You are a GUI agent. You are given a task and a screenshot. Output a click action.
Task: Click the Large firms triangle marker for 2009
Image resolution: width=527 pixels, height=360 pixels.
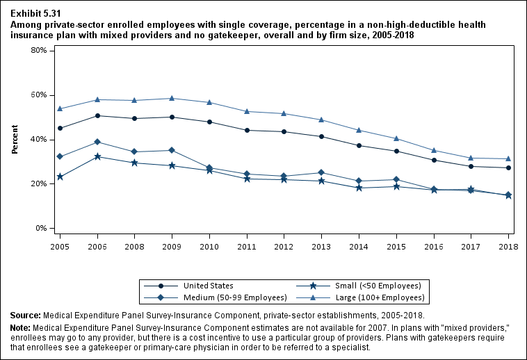(173, 98)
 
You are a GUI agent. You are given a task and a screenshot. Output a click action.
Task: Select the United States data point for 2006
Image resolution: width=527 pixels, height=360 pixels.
(98, 115)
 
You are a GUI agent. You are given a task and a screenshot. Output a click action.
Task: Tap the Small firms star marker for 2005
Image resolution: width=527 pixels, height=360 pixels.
(60, 177)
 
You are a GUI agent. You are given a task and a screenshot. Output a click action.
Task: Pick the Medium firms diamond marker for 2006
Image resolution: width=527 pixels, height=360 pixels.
(98, 142)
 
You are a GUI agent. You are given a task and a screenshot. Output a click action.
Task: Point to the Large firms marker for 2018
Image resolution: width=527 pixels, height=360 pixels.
(508, 158)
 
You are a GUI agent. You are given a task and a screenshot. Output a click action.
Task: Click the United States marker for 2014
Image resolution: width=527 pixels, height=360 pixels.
(359, 145)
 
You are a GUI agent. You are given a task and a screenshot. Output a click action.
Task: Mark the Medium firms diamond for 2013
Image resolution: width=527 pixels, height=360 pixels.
(321, 172)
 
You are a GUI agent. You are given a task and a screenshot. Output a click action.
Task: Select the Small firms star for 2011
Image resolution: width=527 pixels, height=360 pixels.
(247, 179)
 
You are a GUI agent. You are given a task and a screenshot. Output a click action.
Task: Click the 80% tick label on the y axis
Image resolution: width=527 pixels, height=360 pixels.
(38, 51)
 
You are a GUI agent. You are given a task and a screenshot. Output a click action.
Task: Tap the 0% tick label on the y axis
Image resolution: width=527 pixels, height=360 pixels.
(40, 229)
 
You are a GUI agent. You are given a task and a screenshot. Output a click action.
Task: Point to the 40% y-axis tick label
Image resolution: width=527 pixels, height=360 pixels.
(38, 140)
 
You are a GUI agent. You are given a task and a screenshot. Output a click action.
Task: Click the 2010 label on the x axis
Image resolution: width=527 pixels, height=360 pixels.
(210, 246)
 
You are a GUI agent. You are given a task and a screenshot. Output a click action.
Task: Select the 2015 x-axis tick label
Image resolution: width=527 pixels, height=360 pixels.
(396, 246)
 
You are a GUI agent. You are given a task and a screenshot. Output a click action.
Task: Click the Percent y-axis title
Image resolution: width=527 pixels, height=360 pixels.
(15, 139)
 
